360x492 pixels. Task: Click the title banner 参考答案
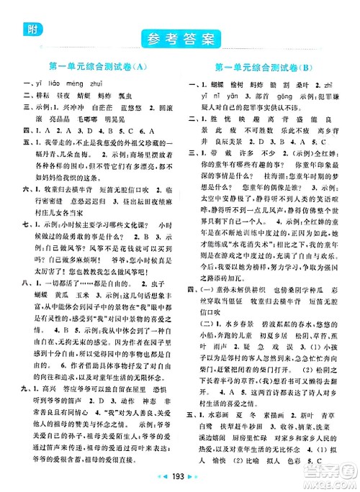pyautogui.click(x=180, y=37)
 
